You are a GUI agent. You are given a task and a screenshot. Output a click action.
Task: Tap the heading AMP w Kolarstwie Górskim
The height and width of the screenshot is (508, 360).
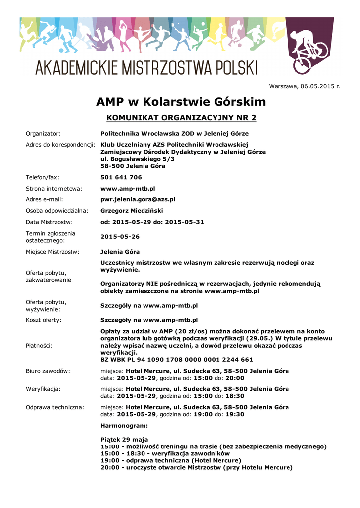point(181,102)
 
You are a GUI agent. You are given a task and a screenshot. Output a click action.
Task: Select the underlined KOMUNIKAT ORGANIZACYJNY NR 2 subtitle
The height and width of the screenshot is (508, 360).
point(182,118)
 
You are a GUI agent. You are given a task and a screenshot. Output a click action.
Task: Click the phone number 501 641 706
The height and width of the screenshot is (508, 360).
point(121,177)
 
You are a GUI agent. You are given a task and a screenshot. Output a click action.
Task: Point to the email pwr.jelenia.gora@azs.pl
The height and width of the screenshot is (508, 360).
point(138,199)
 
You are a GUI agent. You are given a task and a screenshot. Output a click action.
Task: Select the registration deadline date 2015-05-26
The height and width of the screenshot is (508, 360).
point(120,236)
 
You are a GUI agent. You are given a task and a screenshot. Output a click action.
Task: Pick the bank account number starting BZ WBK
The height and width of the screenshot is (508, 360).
point(176,359)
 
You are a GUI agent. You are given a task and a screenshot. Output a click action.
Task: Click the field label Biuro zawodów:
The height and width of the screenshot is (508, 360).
point(48,371)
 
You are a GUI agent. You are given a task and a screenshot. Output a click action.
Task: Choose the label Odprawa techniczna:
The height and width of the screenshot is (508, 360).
point(55,407)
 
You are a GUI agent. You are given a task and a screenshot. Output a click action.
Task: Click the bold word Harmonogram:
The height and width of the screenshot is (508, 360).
point(124,426)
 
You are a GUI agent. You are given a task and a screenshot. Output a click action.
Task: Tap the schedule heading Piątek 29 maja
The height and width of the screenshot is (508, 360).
point(124,440)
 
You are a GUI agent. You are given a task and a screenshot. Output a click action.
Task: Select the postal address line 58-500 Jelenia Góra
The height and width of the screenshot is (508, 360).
point(133,166)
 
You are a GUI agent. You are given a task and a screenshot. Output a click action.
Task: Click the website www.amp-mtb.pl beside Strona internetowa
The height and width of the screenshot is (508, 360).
point(128,189)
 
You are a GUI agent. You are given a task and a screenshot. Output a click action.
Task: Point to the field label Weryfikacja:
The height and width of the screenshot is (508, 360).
point(43,389)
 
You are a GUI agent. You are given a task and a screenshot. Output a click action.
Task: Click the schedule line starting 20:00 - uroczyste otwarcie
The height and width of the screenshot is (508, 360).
point(196,467)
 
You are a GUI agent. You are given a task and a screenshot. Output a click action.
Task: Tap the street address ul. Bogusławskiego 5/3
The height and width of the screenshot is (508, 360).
point(138,159)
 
